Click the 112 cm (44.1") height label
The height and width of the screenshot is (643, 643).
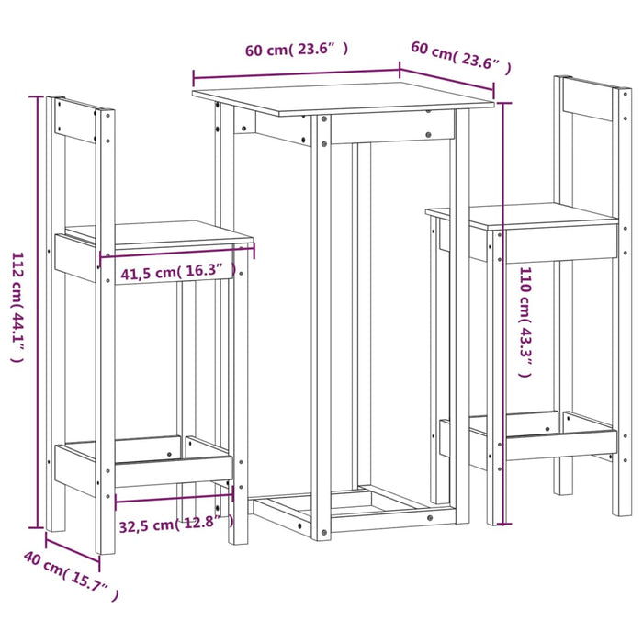click(16, 308)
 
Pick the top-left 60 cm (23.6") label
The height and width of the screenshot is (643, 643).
click(296, 51)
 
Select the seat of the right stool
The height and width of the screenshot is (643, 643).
click(524, 217)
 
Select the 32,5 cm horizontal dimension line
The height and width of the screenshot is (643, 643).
click(174, 501)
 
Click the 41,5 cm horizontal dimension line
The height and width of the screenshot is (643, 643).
click(175, 253)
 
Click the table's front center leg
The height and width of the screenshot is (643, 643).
click(321, 331)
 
